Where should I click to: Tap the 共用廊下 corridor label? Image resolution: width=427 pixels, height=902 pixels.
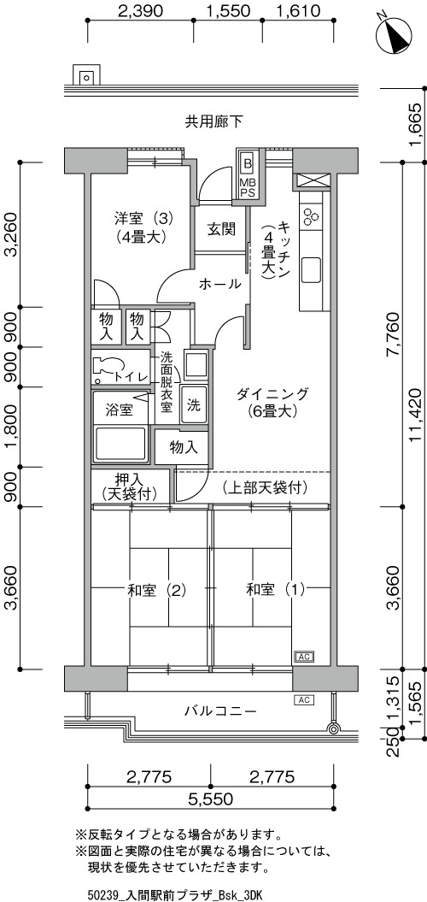tap(213, 121)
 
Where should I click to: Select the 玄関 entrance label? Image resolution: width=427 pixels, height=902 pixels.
tap(220, 229)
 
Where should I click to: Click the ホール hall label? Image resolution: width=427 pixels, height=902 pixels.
tap(220, 284)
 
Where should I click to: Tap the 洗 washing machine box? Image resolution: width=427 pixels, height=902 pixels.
tap(194, 405)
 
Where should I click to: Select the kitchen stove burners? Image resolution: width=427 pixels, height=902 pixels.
tap(312, 215)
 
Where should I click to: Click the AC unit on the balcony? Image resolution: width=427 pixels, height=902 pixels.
tap(304, 700)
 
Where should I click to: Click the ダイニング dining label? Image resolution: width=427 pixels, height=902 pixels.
tap(272, 394)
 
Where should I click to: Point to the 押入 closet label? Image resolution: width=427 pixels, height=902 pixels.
tap(129, 479)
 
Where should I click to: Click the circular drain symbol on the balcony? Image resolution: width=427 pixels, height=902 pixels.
tap(333, 728)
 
